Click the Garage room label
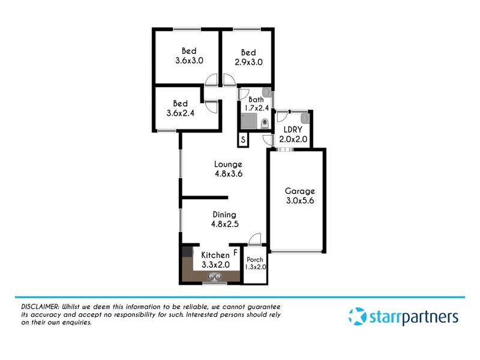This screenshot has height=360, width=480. tap(299, 191)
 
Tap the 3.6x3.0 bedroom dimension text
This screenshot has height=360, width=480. tap(190, 61)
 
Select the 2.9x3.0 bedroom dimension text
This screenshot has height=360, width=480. tap(248, 61)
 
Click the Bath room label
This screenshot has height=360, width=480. tap(256, 100)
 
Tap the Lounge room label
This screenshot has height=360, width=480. tap(227, 164)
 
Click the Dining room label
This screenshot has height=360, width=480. tap(224, 214)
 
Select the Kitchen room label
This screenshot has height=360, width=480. tap(215, 255)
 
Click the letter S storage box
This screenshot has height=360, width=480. tap(243, 140)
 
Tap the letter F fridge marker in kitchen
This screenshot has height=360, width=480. tap(235, 253)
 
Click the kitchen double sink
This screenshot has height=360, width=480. tap(214, 276)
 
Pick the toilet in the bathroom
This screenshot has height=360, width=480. tap(265, 124)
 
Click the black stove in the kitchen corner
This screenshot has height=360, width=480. tap(187, 253)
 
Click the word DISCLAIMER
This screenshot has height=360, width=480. tap(35, 307)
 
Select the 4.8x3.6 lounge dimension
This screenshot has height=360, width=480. tap(227, 174)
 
